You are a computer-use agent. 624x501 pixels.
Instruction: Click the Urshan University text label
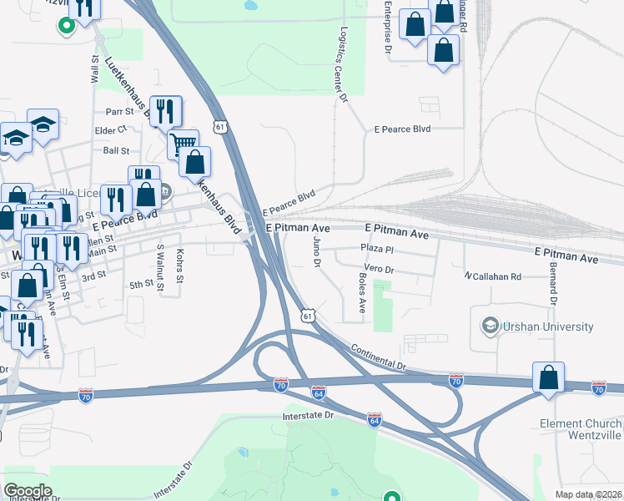point(548,327)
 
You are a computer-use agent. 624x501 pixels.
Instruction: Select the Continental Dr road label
point(378,356)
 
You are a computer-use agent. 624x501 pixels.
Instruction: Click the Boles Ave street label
point(362,293)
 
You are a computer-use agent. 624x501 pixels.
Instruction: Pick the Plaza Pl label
point(376,249)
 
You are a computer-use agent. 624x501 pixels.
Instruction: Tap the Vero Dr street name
point(379,270)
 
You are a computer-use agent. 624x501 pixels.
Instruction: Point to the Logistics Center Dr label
point(343,63)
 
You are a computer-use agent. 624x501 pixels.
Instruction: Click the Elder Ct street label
point(110,130)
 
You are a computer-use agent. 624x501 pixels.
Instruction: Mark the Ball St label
point(117,151)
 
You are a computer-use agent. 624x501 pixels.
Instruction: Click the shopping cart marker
point(183,143)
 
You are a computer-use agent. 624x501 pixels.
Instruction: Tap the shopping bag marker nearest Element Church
point(548,377)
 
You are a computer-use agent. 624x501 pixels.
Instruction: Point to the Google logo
point(28,491)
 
